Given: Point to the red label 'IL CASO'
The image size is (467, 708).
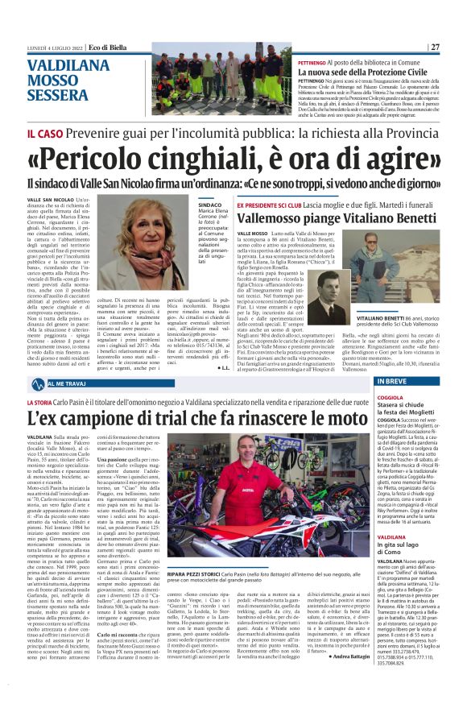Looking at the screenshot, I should pyautogui.click(x=43, y=131).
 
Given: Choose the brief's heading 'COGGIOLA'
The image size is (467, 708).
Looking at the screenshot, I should pyautogui.click(x=391, y=395).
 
